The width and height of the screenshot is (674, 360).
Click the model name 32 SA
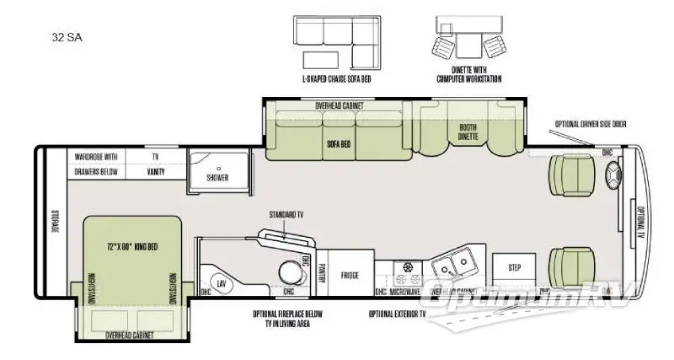coord(67,37)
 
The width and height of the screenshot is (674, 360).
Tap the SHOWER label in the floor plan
coord(217,177)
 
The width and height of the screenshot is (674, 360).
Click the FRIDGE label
coord(350,274)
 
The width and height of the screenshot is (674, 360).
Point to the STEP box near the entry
coord(515,267)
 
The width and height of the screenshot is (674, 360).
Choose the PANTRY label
coord(322,271)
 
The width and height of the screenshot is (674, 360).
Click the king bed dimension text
coord(132,246)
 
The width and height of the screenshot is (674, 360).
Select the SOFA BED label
coord(339,143)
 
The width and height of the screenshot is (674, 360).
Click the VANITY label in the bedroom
coord(154,172)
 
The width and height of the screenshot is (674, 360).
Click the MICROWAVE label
coord(405,292)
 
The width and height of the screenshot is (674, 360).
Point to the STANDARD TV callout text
coord(286,215)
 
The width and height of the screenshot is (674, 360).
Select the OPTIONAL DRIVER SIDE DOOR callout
coord(590,124)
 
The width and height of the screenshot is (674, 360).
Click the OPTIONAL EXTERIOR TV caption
coord(397,314)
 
